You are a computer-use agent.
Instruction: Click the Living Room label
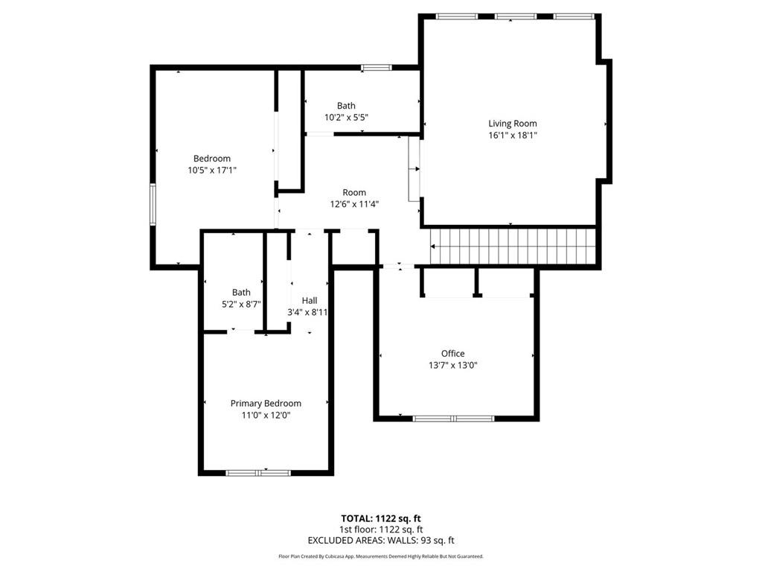[x=512, y=124]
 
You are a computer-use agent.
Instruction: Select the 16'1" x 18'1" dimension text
[x=512, y=136]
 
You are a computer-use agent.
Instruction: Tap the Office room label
[x=452, y=354]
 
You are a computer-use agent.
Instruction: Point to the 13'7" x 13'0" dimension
[x=452, y=366]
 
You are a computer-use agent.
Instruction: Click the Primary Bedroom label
[x=266, y=404]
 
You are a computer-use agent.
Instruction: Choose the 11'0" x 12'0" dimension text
[x=266, y=416]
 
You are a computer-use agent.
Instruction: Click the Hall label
[x=309, y=300]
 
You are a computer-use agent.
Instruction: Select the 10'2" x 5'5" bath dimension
[x=346, y=118]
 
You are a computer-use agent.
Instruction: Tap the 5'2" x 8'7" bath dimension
[x=241, y=305]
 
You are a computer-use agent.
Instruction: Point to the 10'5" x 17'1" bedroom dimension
[x=212, y=171]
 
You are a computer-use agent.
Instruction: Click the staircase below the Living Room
[x=514, y=246]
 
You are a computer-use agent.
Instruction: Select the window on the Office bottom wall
[x=453, y=419]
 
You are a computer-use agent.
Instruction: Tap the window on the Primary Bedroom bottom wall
[x=258, y=472]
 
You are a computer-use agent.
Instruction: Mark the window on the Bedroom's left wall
[x=153, y=205]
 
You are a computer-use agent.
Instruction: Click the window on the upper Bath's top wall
[x=377, y=68]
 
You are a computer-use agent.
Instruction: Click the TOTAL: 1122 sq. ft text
[x=380, y=518]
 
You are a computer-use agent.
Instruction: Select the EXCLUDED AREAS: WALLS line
[x=380, y=541]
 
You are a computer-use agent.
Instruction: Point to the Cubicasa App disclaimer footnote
[x=380, y=556]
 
